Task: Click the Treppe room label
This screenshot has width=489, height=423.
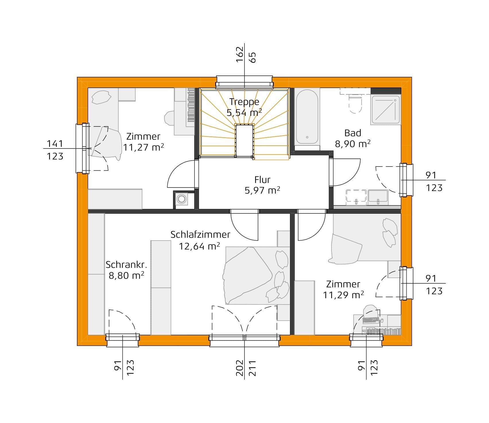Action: pyautogui.click(x=244, y=102)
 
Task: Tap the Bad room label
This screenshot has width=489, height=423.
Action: pyautogui.click(x=353, y=133)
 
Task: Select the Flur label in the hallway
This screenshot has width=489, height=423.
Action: pyautogui.click(x=262, y=180)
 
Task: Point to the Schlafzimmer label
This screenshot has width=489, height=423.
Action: pyautogui.click(x=200, y=235)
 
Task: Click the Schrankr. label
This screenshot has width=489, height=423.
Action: pyautogui.click(x=126, y=264)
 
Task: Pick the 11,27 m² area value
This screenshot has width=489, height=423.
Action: pyautogui.click(x=143, y=147)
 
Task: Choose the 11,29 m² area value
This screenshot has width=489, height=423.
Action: pyautogui.click(x=344, y=295)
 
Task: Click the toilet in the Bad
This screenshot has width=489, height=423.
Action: pyautogui.click(x=355, y=104)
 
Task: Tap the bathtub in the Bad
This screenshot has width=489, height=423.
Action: pyautogui.click(x=307, y=118)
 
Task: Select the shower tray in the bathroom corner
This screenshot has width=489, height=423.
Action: pyautogui.click(x=385, y=110)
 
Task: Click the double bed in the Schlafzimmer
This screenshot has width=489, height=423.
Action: pyautogui.click(x=257, y=275)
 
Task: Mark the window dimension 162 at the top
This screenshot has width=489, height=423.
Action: pyautogui.click(x=239, y=54)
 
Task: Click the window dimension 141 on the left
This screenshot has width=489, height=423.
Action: pyautogui.click(x=55, y=143)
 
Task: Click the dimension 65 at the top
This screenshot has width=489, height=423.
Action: pyautogui.click(x=253, y=57)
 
